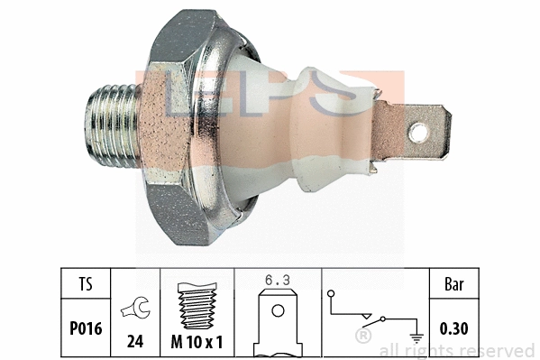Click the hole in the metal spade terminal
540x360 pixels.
(x=417, y=134)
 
